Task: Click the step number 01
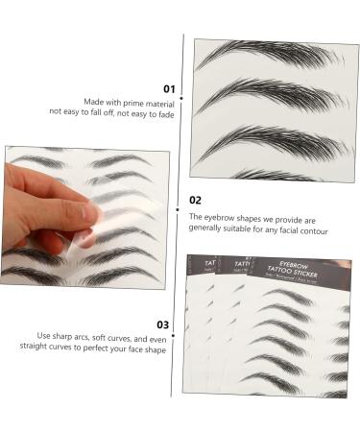[169, 88]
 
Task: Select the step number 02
[195, 200]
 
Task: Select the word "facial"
[279, 230]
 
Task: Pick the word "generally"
[210, 230]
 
